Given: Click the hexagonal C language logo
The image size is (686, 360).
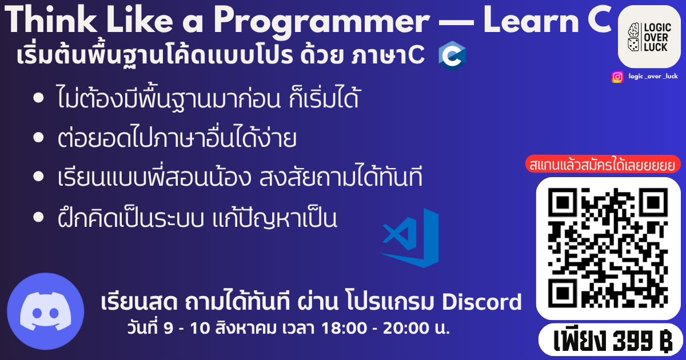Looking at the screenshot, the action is pos(452,56).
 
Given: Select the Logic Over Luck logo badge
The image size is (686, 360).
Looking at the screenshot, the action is pos(649,37).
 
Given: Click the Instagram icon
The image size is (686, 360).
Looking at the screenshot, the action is pos(617,77).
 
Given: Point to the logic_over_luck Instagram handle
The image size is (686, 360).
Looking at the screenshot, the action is pos(653,76).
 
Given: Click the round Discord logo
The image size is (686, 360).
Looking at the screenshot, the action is pos(45,311).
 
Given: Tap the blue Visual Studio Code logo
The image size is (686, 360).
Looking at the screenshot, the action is pos(409,238).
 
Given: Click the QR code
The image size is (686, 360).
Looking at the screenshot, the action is pos(608,248).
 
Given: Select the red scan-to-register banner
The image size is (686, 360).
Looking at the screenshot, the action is pos(603,164).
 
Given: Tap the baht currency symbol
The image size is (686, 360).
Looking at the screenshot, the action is pos(665,341).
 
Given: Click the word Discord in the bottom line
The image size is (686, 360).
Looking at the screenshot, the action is pos(481,302).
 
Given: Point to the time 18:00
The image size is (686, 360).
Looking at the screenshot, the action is pos(344,328).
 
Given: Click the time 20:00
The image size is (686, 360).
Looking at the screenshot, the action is pos(406,328).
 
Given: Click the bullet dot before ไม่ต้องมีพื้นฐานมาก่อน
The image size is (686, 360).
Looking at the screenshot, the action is pos(38,98).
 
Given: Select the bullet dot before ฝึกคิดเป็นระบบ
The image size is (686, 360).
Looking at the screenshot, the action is pos(38,217).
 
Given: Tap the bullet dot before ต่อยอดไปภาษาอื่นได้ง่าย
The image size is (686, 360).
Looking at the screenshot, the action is pos(38,137).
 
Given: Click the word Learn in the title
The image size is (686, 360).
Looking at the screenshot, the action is pos(531,19).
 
